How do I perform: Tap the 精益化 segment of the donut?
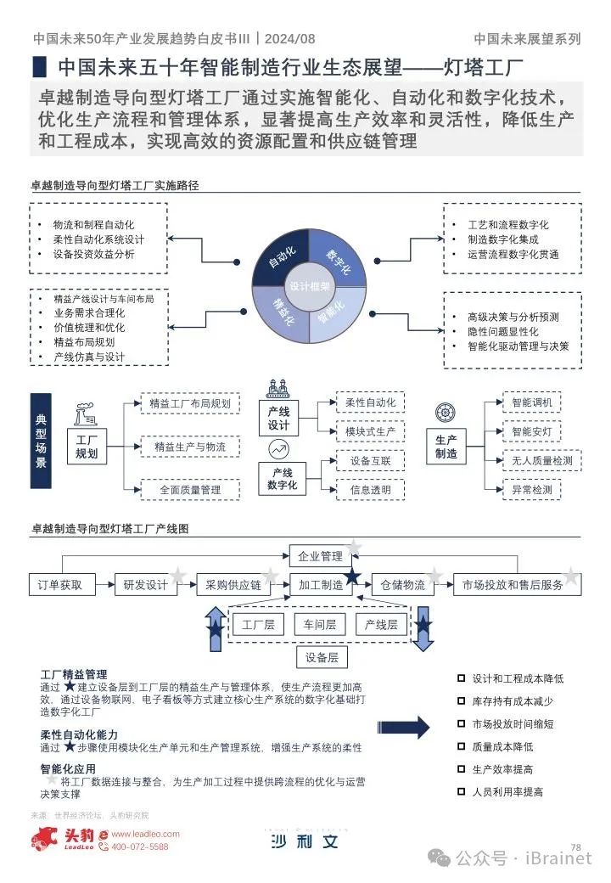[x=283, y=312]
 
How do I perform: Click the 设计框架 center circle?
[x=310, y=286]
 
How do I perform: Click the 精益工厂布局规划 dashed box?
[x=190, y=403]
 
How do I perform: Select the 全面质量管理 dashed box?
[x=190, y=490]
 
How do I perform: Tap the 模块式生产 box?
[x=370, y=430]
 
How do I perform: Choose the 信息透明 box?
[x=370, y=490]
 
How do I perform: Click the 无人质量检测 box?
[x=541, y=461]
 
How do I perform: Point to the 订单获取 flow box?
[x=60, y=584]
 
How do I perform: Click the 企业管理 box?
[x=320, y=556]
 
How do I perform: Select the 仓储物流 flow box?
[x=402, y=584]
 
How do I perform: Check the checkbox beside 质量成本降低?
[x=461, y=747]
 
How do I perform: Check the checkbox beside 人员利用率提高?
[x=461, y=791]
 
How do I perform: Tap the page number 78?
[x=575, y=846]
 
